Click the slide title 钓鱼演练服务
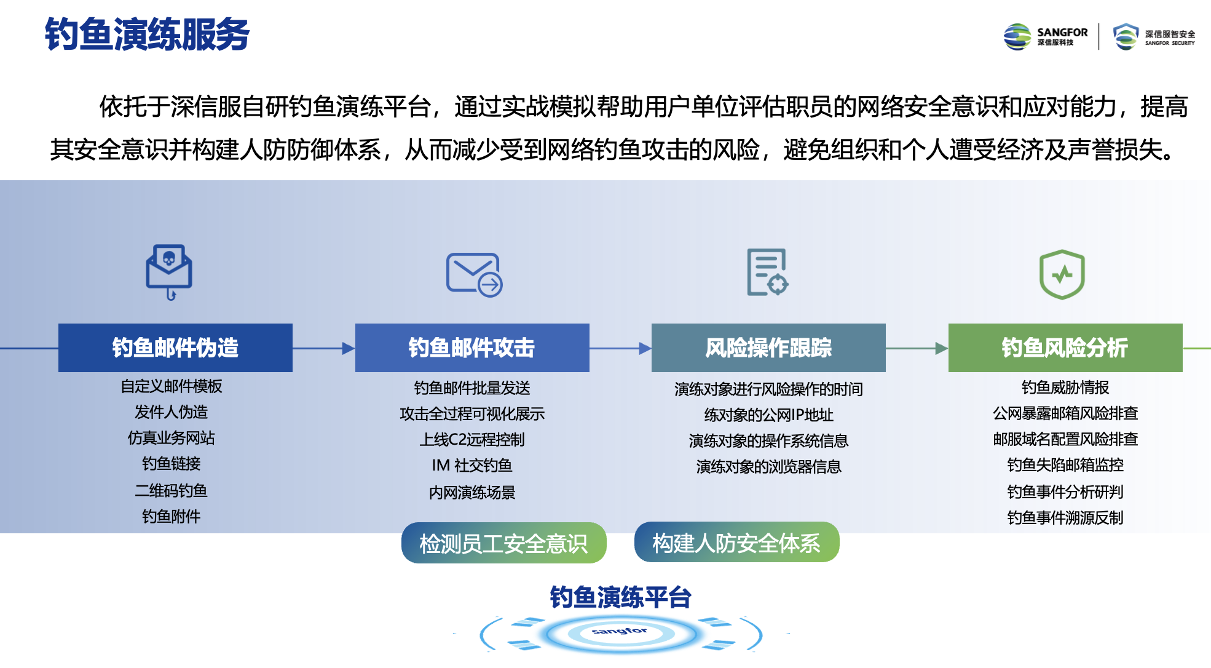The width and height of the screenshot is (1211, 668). [x=147, y=34]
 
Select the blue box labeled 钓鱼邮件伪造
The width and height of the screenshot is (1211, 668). [x=175, y=348]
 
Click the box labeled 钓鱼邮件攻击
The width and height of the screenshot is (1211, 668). [x=472, y=348]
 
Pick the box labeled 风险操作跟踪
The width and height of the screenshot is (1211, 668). [x=768, y=348]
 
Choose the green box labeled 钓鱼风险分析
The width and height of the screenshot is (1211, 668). [x=1065, y=348]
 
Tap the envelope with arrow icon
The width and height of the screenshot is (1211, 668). [x=475, y=274]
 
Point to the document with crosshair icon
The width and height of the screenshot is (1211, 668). [x=767, y=272]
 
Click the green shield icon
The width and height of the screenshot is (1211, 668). [x=1062, y=274]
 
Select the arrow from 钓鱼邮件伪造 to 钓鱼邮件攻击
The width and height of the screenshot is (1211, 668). [x=324, y=348]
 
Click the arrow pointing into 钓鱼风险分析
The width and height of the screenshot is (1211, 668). [x=917, y=348]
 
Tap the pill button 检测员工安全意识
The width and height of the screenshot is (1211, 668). [x=504, y=543]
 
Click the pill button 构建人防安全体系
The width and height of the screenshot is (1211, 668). [x=736, y=543]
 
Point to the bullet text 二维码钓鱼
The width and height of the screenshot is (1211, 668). [x=172, y=490]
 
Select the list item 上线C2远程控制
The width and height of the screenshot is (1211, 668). [x=472, y=439]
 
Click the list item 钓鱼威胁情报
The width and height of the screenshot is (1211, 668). [x=1065, y=387]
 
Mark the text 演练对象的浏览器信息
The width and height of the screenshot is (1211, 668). [x=768, y=466]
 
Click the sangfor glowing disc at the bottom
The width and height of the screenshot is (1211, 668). [x=621, y=633]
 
